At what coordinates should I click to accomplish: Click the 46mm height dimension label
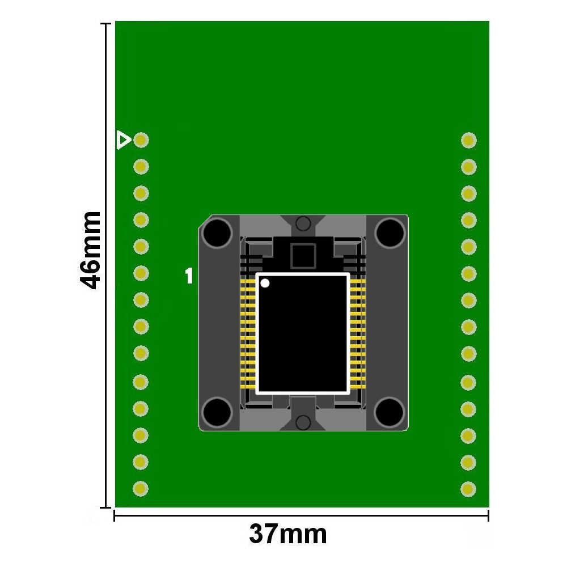[x=90, y=251]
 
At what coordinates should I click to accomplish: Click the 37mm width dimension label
[x=288, y=534]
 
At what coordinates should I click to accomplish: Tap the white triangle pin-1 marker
[x=124, y=140]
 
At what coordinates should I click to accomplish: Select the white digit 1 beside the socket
[x=189, y=276]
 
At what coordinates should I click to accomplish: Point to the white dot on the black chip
[x=265, y=283]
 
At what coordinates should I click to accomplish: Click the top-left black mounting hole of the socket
[x=217, y=233]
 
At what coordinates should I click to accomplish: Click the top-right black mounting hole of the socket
[x=390, y=233]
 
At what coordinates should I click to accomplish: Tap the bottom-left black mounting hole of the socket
[x=217, y=412]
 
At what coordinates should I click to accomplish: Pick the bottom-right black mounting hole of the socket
[x=389, y=412]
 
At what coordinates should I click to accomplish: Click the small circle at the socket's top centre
[x=303, y=223]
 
